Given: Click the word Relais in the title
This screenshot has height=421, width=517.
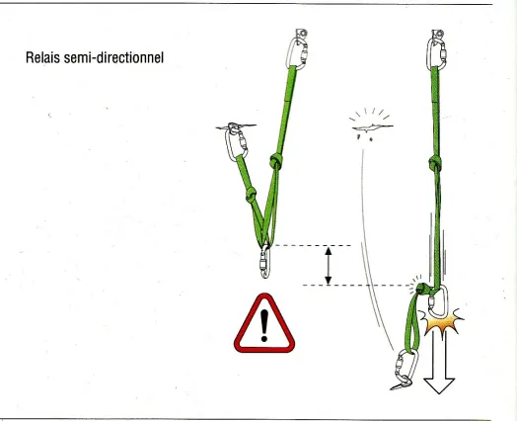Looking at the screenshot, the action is [42, 57].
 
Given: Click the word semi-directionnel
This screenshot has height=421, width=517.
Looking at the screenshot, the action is [113, 57].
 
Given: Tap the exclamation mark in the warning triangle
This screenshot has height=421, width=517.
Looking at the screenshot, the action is [264, 325].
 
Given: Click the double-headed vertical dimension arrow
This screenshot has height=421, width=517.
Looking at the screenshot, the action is [329, 266].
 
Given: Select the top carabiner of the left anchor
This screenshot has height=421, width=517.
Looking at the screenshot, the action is [298, 52].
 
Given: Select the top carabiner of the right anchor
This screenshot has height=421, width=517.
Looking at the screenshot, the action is [437, 53].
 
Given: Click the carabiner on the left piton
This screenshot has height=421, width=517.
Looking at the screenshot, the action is [236, 144].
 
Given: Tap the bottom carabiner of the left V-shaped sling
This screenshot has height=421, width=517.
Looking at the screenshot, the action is [265, 263].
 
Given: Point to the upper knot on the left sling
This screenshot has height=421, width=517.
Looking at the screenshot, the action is [275, 161].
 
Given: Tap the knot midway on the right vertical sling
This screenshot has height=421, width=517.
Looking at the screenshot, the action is [435, 163].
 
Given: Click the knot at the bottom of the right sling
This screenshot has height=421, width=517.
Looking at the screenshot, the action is [422, 289].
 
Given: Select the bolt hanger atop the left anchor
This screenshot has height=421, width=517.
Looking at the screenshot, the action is [301, 34].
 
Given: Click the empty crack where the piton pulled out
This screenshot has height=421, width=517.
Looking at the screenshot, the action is [372, 127].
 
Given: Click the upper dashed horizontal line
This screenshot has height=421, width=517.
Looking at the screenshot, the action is [312, 246].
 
